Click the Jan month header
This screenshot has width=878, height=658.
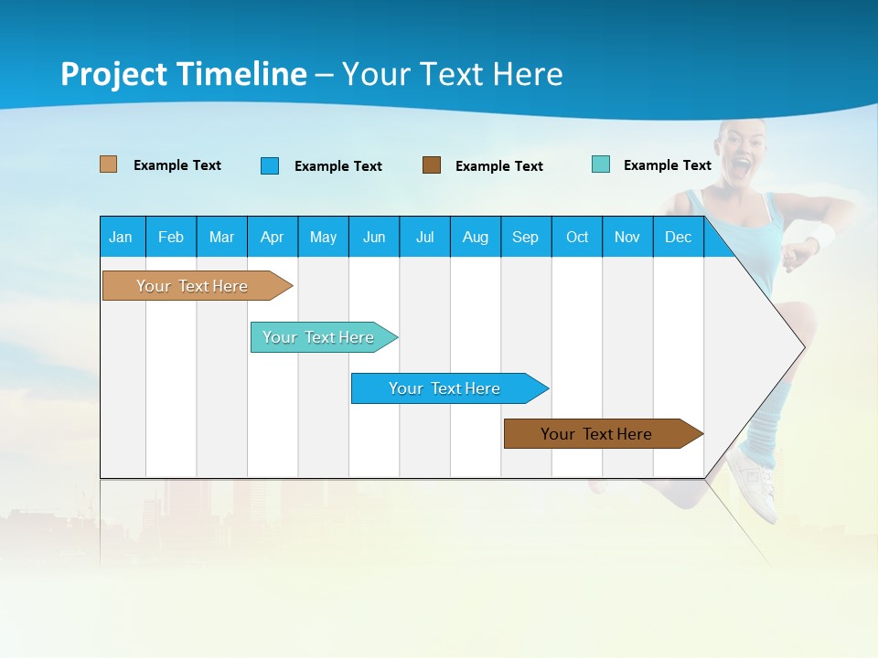click(x=122, y=237)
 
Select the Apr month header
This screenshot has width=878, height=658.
click(x=273, y=237)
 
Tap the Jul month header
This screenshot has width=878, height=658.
click(x=424, y=237)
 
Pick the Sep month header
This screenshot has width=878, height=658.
click(x=525, y=237)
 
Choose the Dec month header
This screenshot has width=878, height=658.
click(x=678, y=237)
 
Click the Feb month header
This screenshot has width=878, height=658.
click(x=171, y=237)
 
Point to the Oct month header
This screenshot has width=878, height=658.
click(x=577, y=237)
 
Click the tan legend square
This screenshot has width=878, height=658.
click(x=109, y=164)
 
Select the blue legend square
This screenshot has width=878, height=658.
click(x=270, y=165)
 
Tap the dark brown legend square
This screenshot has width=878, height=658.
click(x=432, y=164)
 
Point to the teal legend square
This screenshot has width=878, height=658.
click(x=601, y=164)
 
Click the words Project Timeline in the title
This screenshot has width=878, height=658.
click(x=184, y=74)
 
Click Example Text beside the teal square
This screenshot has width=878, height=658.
click(x=667, y=165)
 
